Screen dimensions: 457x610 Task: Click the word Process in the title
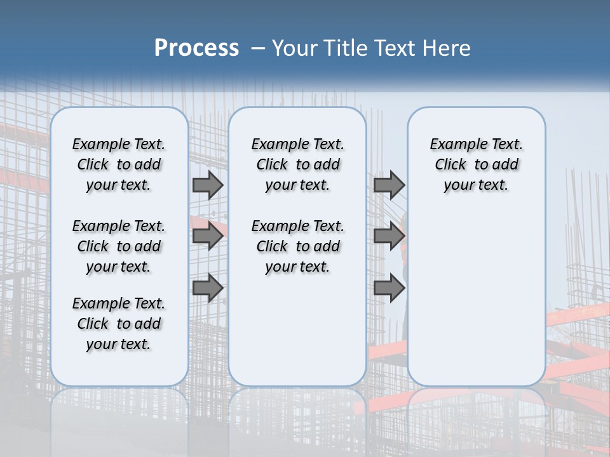point(196,48)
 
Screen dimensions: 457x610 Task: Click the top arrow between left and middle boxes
point(208,185)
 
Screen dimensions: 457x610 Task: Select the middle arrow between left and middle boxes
point(208,237)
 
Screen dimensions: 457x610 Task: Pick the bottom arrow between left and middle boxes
point(208,288)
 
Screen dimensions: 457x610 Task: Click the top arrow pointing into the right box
point(389,185)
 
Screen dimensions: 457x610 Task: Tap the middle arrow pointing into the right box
point(389,237)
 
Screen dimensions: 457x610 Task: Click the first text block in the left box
point(119,164)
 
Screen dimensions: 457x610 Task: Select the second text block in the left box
point(119,246)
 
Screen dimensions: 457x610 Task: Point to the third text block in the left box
point(119,324)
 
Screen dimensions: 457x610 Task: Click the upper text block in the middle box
point(297,164)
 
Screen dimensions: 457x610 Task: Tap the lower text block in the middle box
point(297,246)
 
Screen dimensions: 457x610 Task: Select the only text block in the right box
point(476,164)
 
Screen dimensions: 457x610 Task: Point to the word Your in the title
point(294,48)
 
